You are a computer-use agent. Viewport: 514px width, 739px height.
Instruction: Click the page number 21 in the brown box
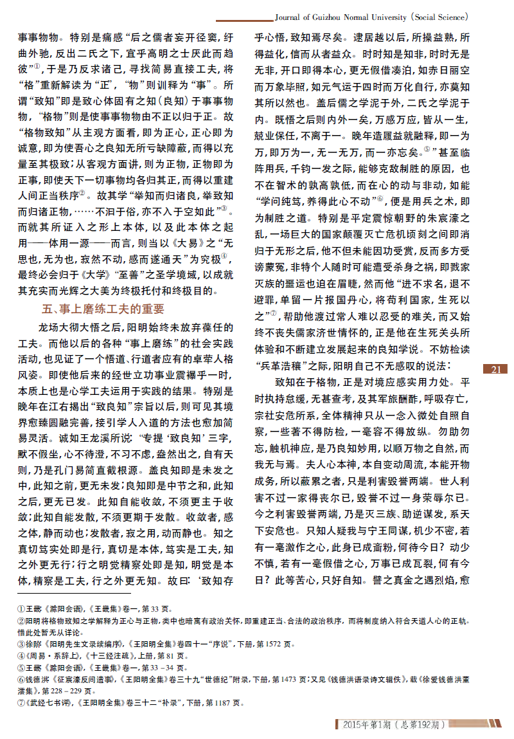(495, 369)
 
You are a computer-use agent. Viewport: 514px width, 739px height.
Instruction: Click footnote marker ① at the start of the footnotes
(20, 608)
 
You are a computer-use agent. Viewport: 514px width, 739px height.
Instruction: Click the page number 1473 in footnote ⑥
(285, 679)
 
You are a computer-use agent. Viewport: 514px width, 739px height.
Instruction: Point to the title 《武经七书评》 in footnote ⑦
(49, 704)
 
